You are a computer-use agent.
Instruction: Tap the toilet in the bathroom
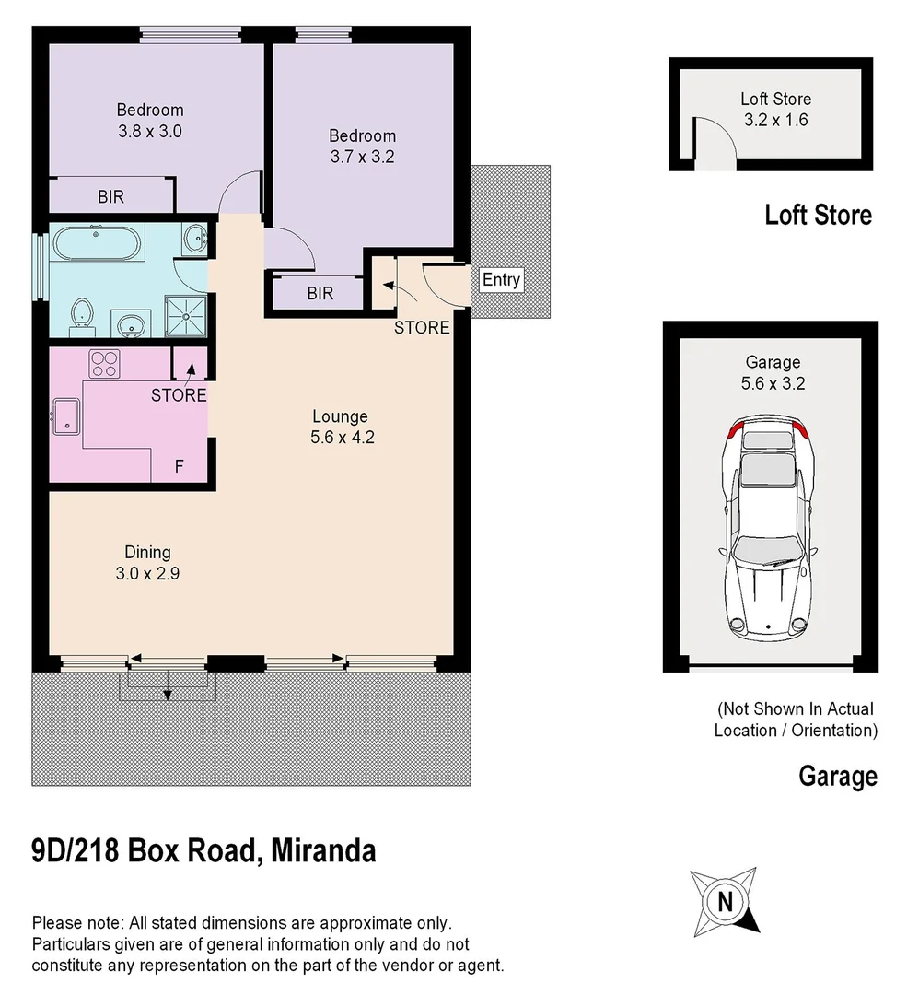pos(82,313)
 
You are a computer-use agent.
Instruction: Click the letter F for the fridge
pos(179,466)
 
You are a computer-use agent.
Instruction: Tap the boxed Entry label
pos(501,279)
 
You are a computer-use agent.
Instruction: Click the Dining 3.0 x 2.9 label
pos(147,562)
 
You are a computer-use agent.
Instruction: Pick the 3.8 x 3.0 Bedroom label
pos(149,121)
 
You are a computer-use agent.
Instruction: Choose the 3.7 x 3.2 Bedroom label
pos(362,146)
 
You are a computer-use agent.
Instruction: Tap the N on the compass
pos(727,900)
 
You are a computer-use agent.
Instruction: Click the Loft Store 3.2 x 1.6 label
pos(775,109)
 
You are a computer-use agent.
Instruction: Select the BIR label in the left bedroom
pos(110,196)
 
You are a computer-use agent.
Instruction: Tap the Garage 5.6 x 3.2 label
pos(773,372)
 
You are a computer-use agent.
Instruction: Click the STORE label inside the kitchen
pos(179,395)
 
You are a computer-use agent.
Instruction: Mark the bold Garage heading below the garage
pos(837,776)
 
